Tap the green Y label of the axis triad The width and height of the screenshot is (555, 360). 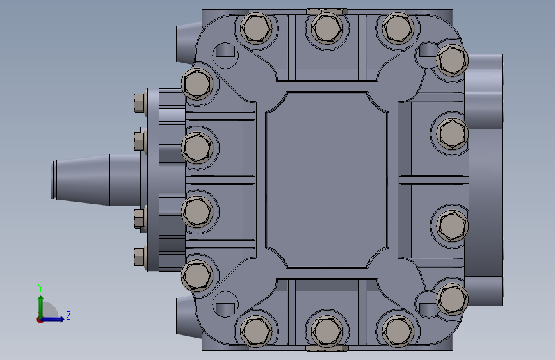point(40,288)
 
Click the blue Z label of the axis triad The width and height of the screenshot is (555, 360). point(68,315)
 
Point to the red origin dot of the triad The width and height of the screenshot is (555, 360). point(40,320)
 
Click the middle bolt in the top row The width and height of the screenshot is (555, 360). point(327,28)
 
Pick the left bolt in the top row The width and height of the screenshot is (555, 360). point(256,28)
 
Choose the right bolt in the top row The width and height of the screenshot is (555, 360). point(398,28)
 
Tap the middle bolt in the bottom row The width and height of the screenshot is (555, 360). point(327,331)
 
